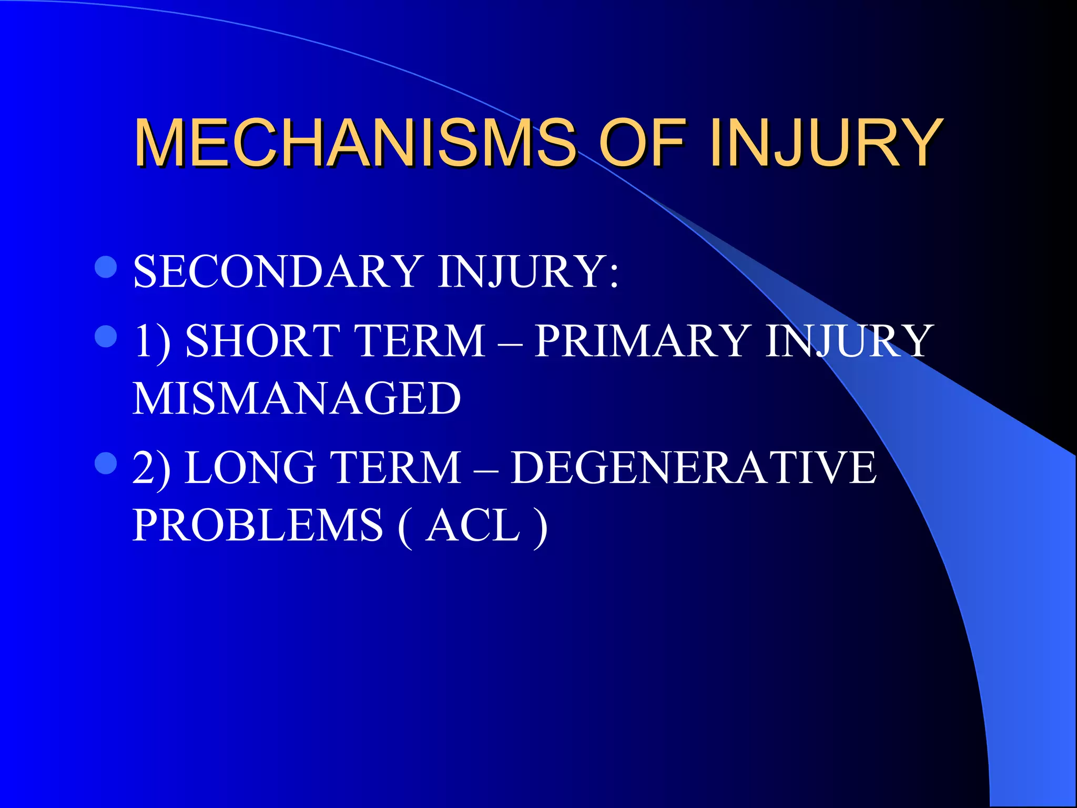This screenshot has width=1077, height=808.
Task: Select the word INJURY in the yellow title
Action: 826,143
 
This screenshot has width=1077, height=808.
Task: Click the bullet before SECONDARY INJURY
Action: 106,267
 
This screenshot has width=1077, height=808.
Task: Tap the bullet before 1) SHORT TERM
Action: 106,336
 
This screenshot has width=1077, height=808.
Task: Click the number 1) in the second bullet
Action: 151,341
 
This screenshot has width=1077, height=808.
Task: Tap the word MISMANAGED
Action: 297,398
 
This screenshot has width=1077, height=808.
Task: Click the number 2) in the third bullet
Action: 151,468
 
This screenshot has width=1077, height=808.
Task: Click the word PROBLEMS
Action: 258,525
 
